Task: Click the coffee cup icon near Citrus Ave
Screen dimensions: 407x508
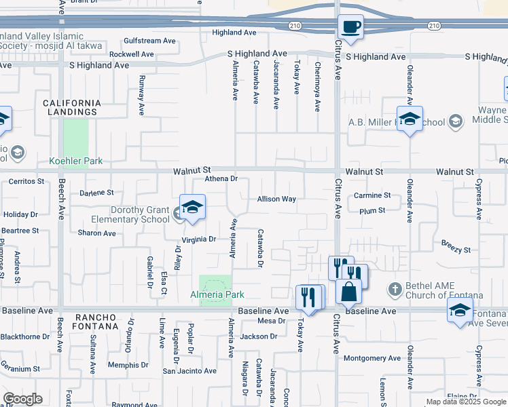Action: (351, 28)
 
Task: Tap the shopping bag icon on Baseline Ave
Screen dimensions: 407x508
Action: (348, 291)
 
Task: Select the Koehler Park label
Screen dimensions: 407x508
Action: (75, 161)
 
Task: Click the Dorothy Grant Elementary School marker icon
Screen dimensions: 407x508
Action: (193, 207)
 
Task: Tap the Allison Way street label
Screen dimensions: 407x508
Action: (276, 199)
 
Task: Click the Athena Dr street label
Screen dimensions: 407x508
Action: (221, 179)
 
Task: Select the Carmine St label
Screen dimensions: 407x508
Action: (372, 195)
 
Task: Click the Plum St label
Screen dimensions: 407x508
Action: (372, 211)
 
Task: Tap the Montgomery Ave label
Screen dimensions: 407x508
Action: (373, 358)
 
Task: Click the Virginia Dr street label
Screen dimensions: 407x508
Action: (198, 239)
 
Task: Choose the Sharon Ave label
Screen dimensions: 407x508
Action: (97, 233)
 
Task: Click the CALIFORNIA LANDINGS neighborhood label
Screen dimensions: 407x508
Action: (72, 107)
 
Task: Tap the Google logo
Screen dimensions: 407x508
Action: (22, 399)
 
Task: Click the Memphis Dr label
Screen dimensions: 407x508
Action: (127, 365)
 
